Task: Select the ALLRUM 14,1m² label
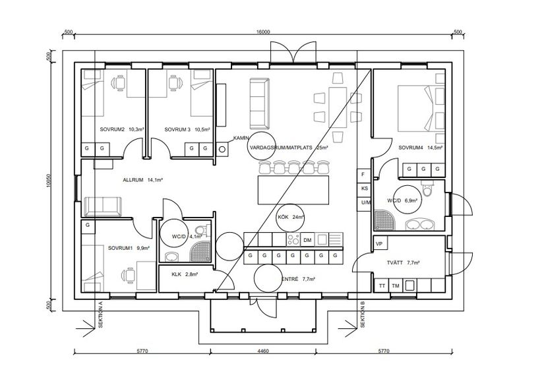pos(142,179)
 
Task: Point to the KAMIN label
pos(241,138)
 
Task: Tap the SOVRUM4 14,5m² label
pos(420,148)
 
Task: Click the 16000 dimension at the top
pos(264,32)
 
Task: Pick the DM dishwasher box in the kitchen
pos(307,240)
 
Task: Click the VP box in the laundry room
pos(379,244)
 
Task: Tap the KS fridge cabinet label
pos(364,189)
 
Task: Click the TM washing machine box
pos(396,285)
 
